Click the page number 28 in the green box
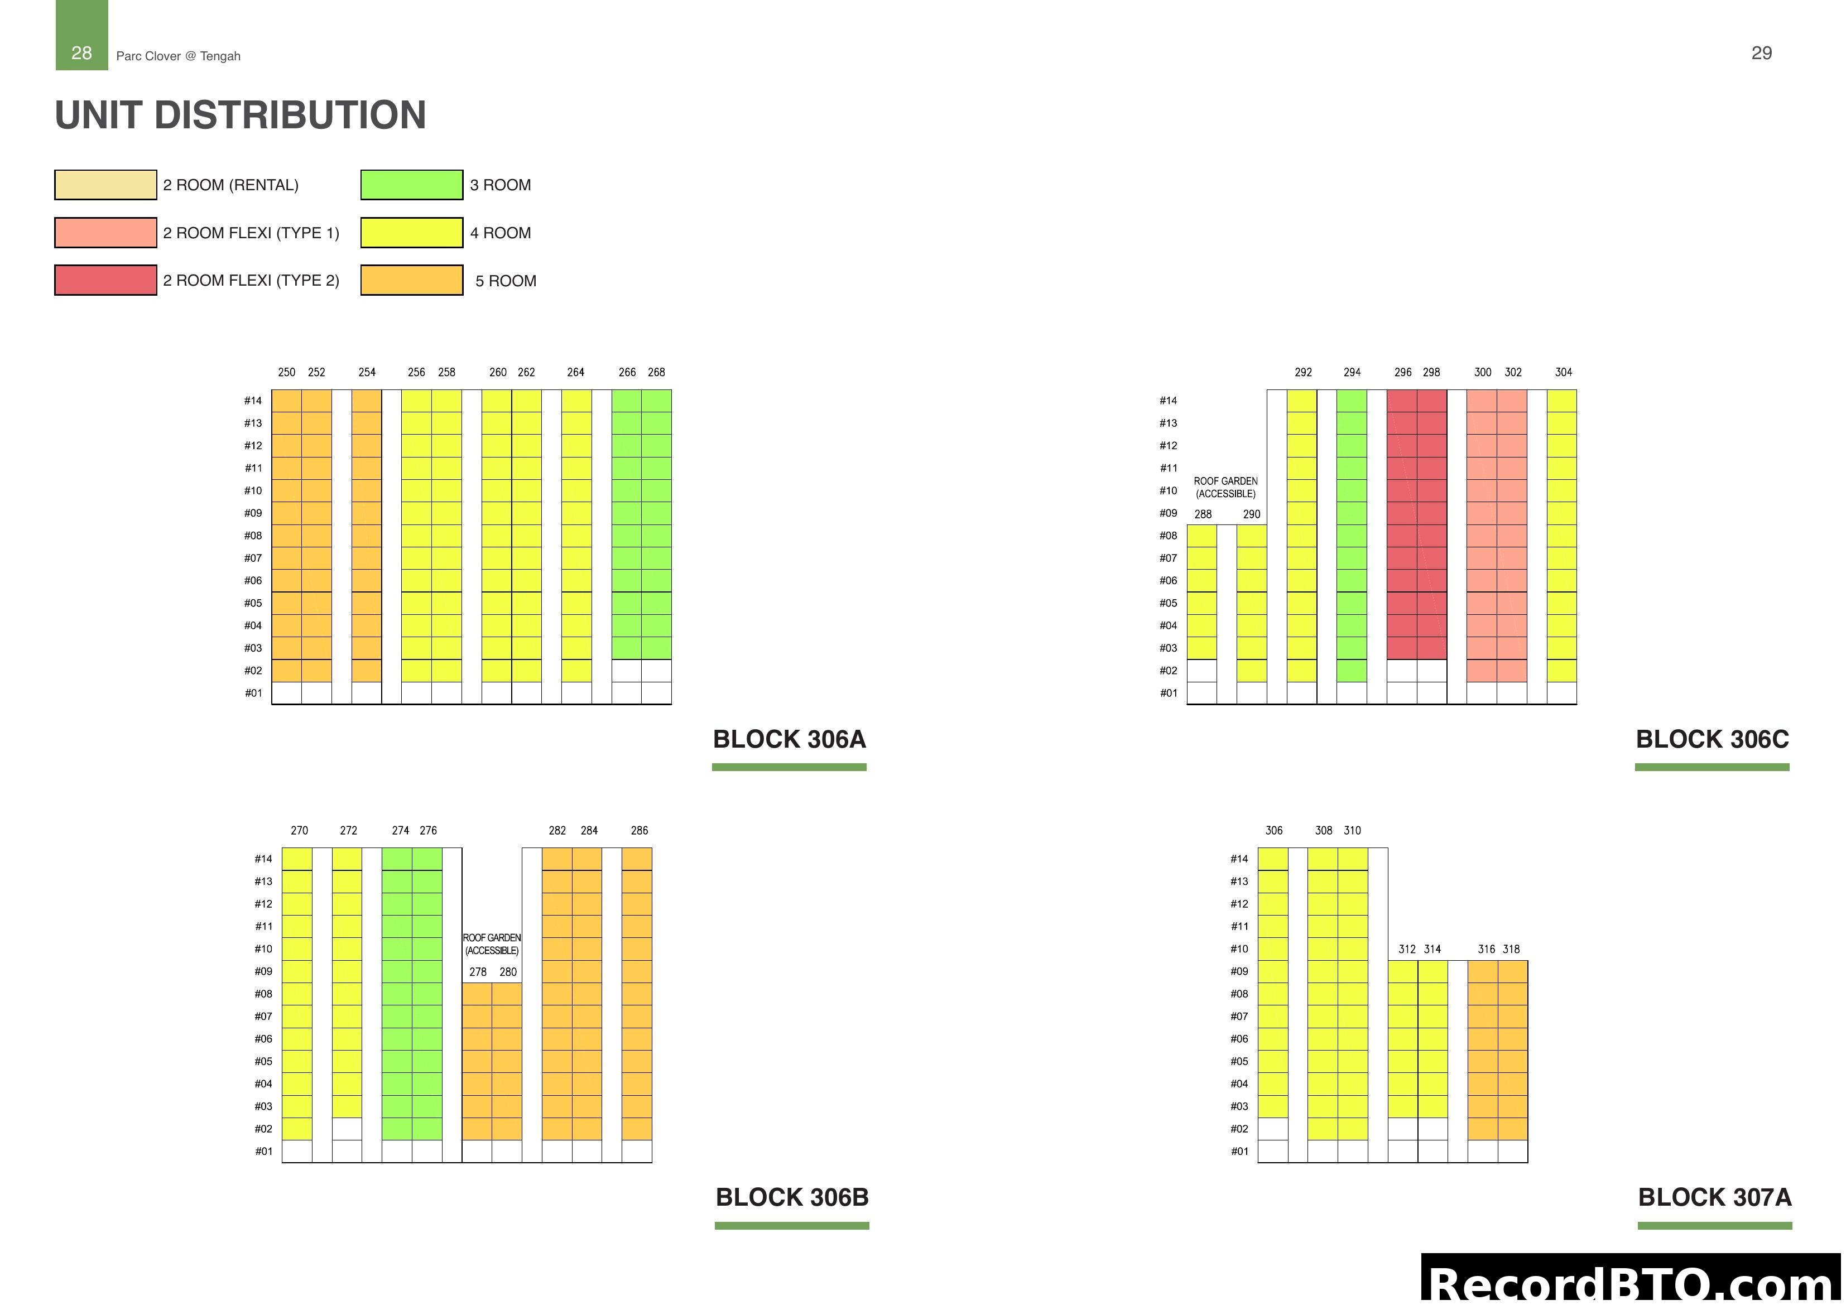coord(81,53)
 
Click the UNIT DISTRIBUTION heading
coord(241,115)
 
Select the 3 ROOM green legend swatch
coord(412,185)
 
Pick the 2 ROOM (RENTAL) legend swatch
coord(105,185)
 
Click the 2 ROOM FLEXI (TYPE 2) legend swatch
coord(105,280)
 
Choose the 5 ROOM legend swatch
coord(412,280)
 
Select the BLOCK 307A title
coord(1714,1197)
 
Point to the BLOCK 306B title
coord(792,1197)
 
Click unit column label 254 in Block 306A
coord(367,372)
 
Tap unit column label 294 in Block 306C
coord(1352,372)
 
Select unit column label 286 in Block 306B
coord(639,831)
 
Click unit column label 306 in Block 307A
coord(1273,831)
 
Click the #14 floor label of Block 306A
coord(253,401)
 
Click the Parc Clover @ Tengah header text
coord(179,56)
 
